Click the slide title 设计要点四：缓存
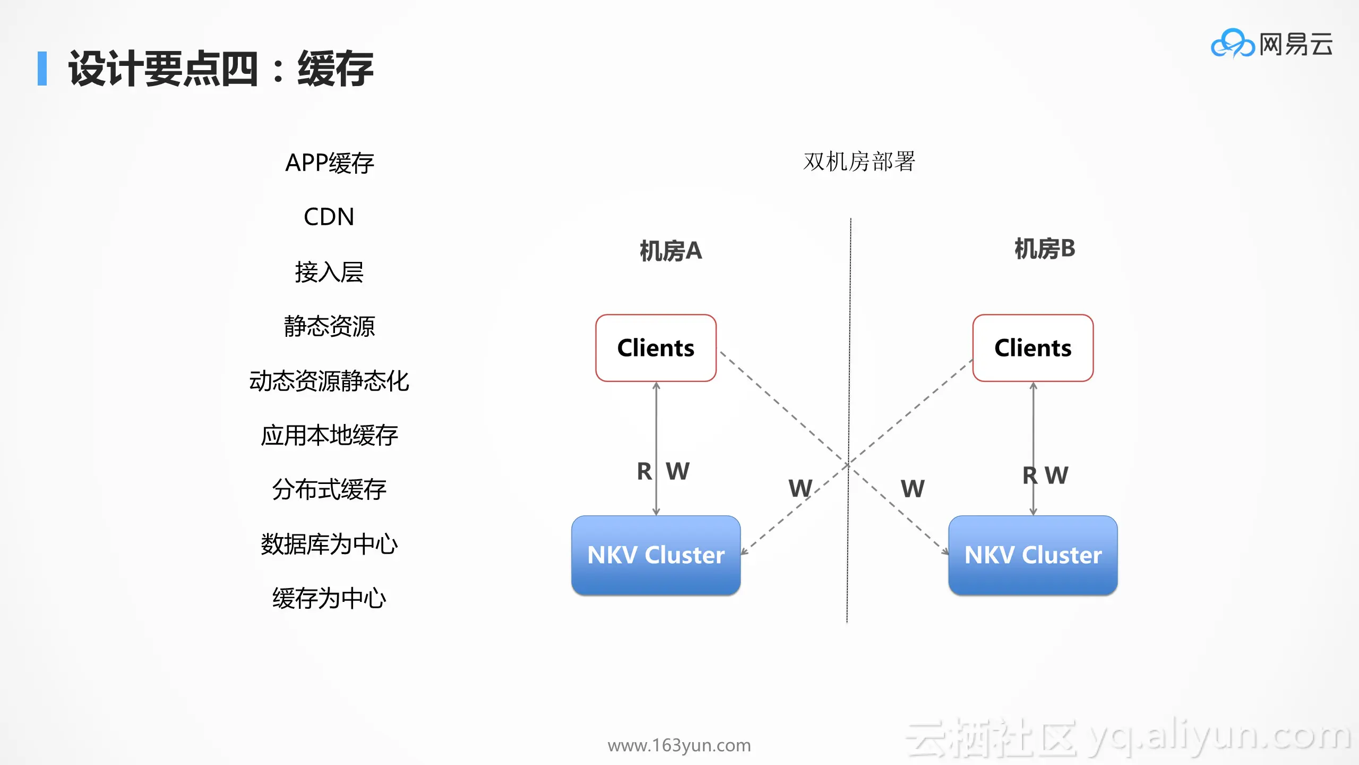click(x=221, y=69)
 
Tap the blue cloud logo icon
click(x=1233, y=44)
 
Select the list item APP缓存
click(x=330, y=163)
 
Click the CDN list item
click(x=329, y=217)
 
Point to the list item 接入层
click(x=329, y=272)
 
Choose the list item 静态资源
click(x=329, y=326)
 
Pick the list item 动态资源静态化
click(x=329, y=381)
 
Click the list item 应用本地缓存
click(x=329, y=435)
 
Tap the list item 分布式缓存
click(x=329, y=489)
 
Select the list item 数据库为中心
click(x=329, y=544)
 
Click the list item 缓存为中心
click(x=329, y=598)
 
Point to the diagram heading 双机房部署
click(x=859, y=161)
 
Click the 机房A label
click(x=670, y=251)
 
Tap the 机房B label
click(x=1044, y=249)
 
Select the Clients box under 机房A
click(x=656, y=348)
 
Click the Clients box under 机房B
click(x=1033, y=348)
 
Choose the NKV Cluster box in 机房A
click(x=656, y=555)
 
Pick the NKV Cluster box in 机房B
click(x=1033, y=555)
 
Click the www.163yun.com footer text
click(x=679, y=745)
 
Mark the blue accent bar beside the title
click(x=42, y=69)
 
